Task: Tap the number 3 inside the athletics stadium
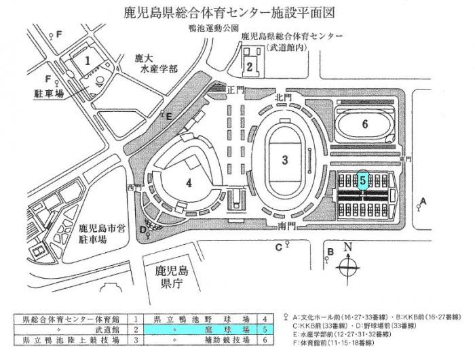(x=286, y=160)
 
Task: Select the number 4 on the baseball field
(x=189, y=182)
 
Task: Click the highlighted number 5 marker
(x=363, y=180)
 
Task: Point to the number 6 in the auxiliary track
(x=364, y=124)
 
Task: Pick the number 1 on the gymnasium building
(x=88, y=60)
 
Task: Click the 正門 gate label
(x=235, y=89)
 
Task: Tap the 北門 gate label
(x=282, y=96)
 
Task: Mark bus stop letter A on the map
(x=423, y=200)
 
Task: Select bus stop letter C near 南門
(x=278, y=246)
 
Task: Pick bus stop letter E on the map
(x=169, y=116)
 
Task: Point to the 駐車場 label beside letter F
(x=50, y=94)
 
